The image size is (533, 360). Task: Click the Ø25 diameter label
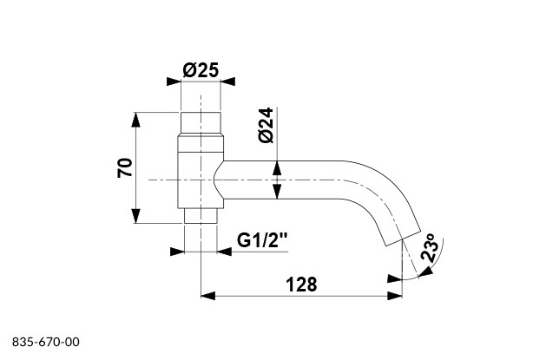[x=201, y=70]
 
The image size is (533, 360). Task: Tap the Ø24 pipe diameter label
[x=266, y=125]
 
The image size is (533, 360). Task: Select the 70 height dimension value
[x=125, y=167]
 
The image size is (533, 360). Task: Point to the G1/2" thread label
[x=262, y=240]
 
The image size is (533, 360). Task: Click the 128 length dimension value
[x=301, y=284]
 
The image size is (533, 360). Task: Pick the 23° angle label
[x=430, y=247]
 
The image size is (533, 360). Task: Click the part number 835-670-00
[x=46, y=342]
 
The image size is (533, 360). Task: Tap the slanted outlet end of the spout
[x=403, y=238]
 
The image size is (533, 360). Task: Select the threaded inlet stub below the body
[x=201, y=215]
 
